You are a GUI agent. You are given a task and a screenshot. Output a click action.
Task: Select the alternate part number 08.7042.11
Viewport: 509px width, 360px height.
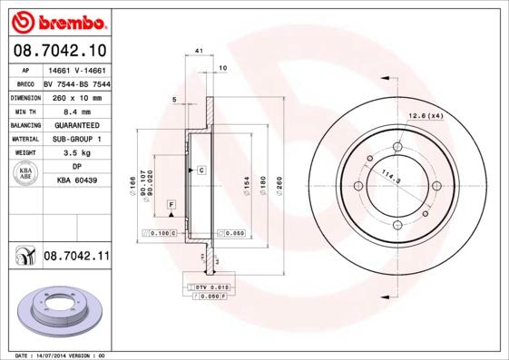pyautogui.click(x=76, y=258)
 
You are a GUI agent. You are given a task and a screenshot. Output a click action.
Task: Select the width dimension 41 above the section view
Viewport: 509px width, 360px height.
pyautogui.click(x=199, y=53)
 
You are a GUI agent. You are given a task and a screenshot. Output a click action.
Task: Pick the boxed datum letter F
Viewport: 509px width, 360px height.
pyautogui.click(x=170, y=208)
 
